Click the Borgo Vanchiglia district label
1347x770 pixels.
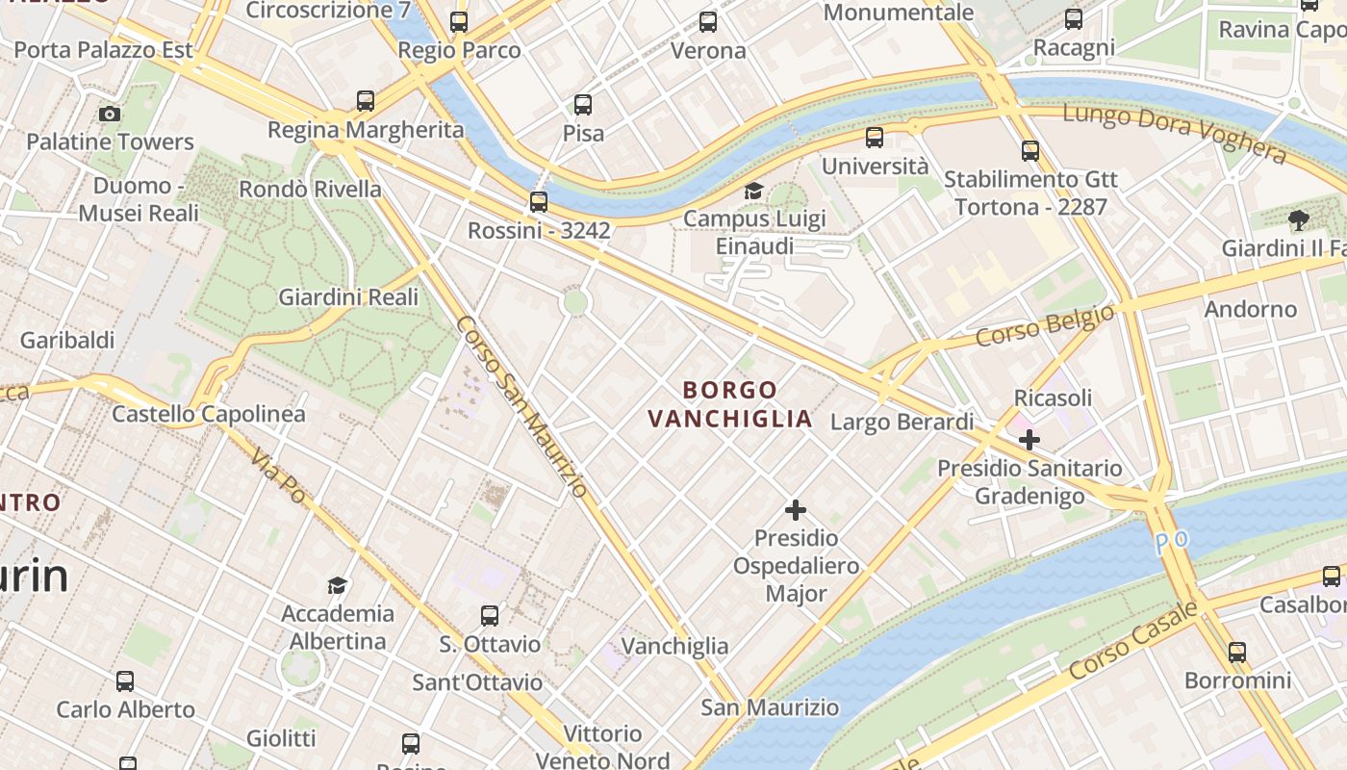pos(730,404)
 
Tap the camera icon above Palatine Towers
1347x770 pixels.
pos(110,114)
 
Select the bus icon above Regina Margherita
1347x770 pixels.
pos(366,100)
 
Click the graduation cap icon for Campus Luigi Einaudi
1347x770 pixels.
pos(753,191)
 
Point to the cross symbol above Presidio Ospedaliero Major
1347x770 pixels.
pos(796,509)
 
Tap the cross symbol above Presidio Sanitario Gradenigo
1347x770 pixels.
pos(1029,440)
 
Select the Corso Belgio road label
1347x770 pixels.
pos(1045,325)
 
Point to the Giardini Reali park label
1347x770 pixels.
pos(348,297)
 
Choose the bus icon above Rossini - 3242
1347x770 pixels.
pos(539,202)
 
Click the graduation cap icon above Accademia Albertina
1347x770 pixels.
pos(337,585)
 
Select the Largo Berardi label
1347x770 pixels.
pos(902,422)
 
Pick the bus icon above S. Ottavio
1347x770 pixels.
pos(490,615)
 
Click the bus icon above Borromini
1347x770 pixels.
pos(1237,652)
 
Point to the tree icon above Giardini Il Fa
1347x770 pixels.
pos(1299,220)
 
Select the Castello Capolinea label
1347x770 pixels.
pos(209,414)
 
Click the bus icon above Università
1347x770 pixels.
pos(875,138)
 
